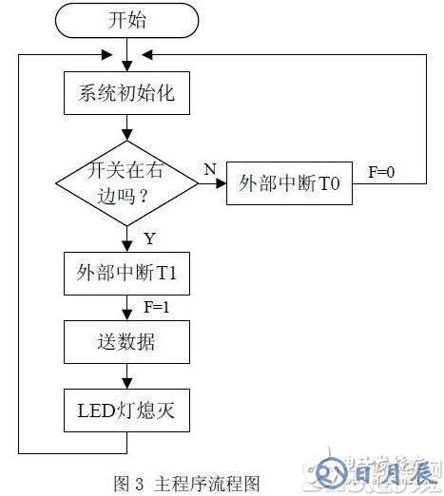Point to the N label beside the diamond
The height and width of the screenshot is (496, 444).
tap(208, 168)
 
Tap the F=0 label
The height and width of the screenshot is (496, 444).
tap(382, 173)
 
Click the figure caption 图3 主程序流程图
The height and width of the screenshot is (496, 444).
tap(186, 484)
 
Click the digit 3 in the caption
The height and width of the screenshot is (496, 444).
tap(139, 484)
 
